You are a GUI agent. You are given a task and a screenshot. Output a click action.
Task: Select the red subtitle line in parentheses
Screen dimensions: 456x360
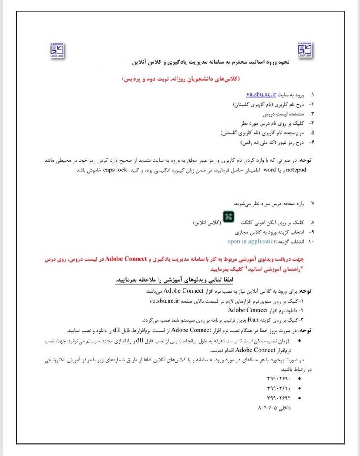point(180,79)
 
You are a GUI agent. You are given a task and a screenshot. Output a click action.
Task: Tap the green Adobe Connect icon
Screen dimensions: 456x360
point(229,216)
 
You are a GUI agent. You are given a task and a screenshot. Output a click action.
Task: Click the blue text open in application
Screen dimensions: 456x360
point(252,242)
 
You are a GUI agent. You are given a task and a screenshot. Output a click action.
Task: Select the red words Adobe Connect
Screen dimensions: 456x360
point(125,258)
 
